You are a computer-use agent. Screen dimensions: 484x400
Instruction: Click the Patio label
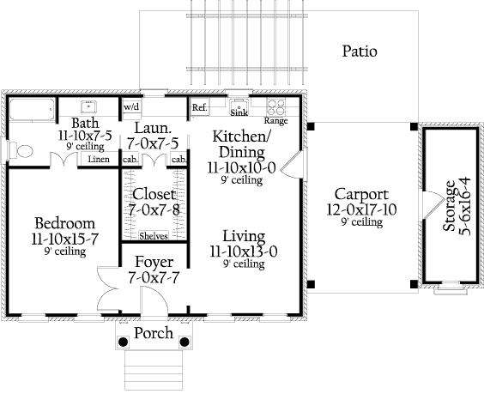coord(360,52)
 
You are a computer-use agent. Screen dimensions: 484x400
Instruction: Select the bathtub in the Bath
coord(32,109)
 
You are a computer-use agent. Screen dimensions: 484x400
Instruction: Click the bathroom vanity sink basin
coord(88,106)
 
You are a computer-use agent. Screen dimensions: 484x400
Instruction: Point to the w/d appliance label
coord(132,107)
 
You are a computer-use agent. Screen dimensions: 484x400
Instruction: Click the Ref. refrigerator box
coord(199,107)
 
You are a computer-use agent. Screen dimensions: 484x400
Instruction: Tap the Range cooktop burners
coord(275,107)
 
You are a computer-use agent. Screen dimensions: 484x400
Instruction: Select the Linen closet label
coord(99,159)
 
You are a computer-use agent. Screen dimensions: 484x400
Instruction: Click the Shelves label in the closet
coord(154,236)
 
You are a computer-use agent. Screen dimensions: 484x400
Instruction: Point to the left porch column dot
coord(124,342)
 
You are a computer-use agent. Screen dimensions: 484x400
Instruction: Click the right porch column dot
coord(185,342)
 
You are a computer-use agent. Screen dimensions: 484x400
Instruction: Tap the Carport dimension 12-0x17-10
coord(361,210)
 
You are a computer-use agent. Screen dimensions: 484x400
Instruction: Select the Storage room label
coord(450,205)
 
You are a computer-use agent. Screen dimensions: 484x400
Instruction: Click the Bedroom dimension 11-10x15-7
coord(65,239)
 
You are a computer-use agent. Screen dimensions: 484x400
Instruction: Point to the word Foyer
coord(154,263)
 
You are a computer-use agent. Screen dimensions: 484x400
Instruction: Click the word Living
coord(244,237)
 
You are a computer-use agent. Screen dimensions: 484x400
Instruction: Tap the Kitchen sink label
coord(239,112)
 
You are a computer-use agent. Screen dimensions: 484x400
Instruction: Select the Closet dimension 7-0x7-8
coord(154,210)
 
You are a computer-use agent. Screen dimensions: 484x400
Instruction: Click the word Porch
coord(154,333)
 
